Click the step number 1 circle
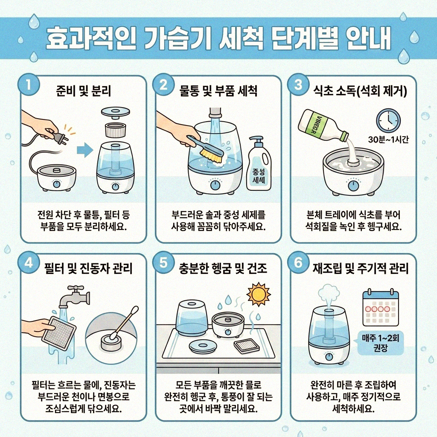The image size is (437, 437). pos(29,84)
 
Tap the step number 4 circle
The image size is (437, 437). pos(29,263)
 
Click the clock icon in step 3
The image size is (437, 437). pos(388,120)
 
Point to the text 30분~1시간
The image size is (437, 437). pos(388,139)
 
